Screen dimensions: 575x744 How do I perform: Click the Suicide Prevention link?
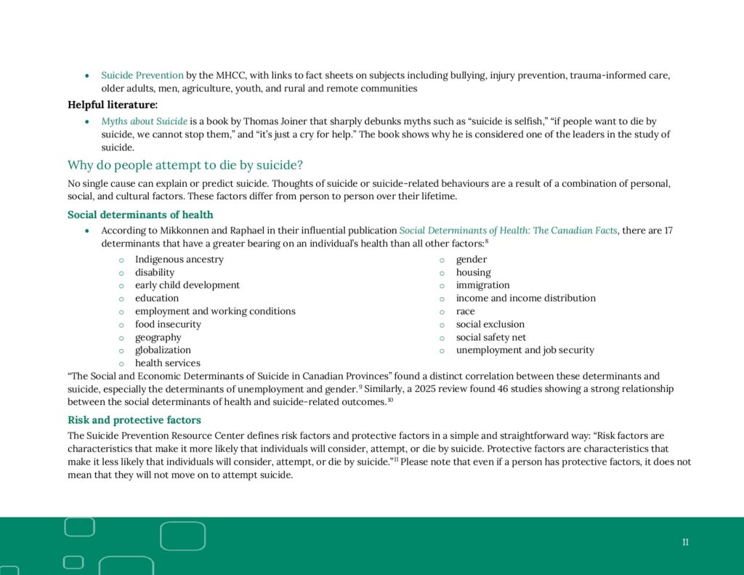[x=142, y=76]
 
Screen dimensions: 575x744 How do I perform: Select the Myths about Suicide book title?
[x=144, y=121]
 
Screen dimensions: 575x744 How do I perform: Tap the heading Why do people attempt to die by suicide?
[x=185, y=165]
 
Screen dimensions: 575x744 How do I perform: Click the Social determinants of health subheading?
[x=140, y=214]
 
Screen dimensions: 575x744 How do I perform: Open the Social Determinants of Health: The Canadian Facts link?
[x=508, y=230]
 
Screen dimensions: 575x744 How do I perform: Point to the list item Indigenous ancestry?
[x=179, y=260]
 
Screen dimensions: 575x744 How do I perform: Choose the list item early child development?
[x=187, y=285]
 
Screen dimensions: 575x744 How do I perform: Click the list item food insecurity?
[x=168, y=324]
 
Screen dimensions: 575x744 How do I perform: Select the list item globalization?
[x=163, y=350]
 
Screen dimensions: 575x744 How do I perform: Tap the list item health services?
[x=167, y=363]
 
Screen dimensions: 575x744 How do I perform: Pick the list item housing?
[x=473, y=273]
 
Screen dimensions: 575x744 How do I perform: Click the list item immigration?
[x=482, y=285]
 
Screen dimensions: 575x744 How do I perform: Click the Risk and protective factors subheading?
[x=134, y=420]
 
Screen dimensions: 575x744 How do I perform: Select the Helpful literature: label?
[x=113, y=105]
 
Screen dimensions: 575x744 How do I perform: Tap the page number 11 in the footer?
[x=685, y=542]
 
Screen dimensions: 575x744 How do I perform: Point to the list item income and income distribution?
[x=525, y=298]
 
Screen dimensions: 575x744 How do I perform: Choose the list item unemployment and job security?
[x=525, y=350]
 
